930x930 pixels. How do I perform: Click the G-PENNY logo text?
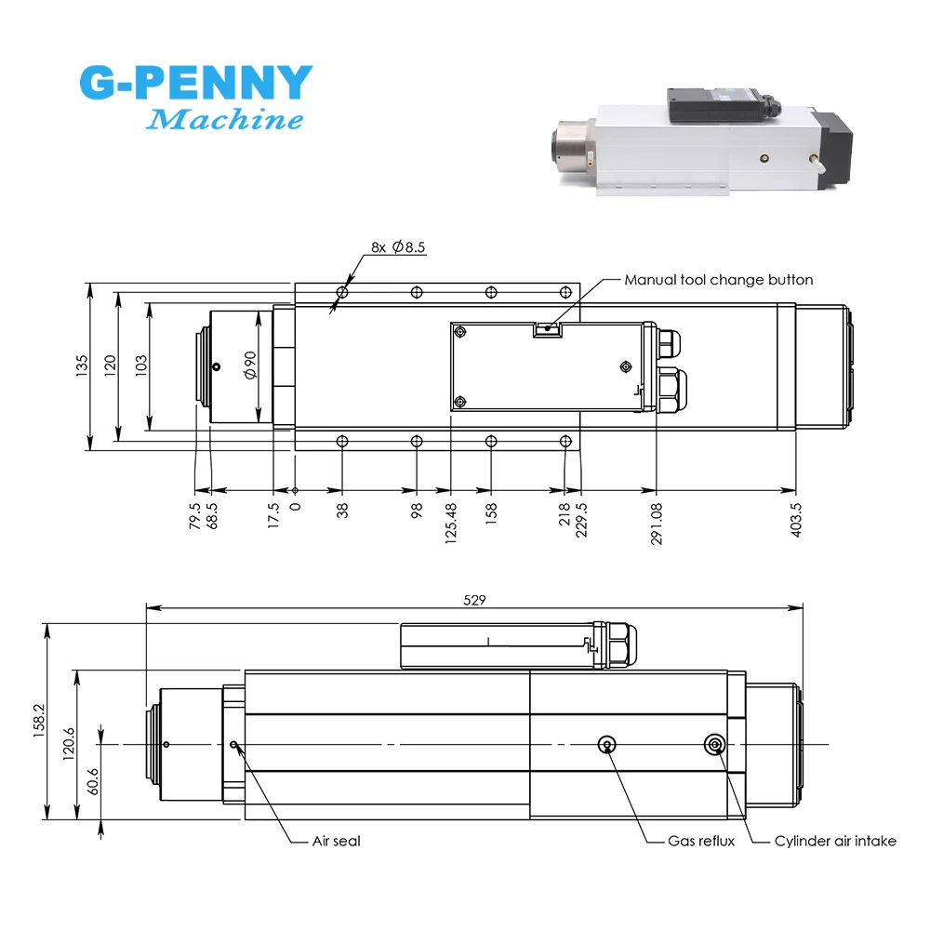point(195,84)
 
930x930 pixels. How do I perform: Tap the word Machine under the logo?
point(226,120)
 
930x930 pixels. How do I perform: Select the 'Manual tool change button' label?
point(718,279)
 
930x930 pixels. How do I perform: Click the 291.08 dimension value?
point(657,525)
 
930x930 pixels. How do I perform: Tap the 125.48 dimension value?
point(451,525)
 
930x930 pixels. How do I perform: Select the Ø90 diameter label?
point(250,365)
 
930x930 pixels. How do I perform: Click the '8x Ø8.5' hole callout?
point(398,247)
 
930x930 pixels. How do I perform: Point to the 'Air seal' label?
point(337,841)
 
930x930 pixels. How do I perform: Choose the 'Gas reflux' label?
point(701,841)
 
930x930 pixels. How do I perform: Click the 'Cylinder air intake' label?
point(835,841)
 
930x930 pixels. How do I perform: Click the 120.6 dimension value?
point(69,744)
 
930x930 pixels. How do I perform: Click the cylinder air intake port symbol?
point(714,743)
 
